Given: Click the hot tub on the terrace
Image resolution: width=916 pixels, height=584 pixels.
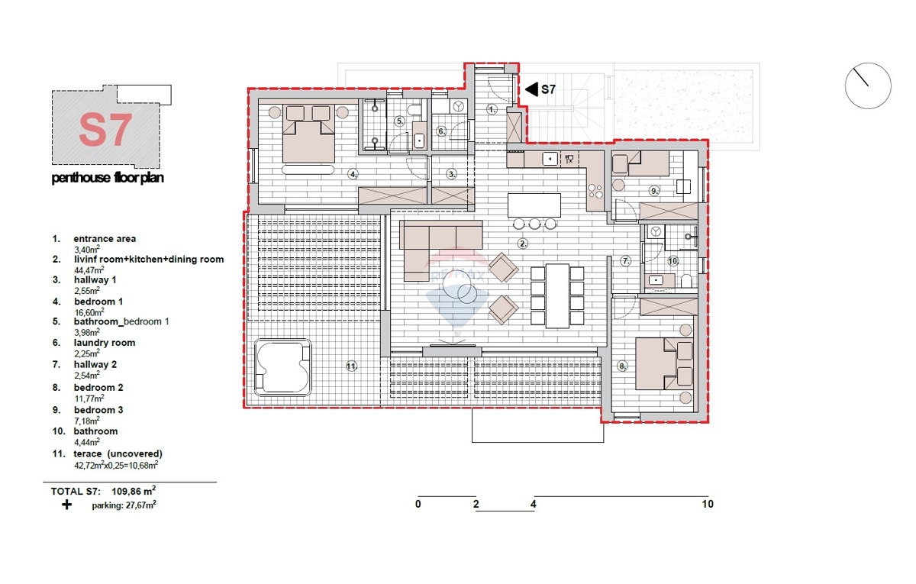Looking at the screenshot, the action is coord(282,367).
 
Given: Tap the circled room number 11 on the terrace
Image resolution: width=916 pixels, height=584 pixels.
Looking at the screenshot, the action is coord(351,366).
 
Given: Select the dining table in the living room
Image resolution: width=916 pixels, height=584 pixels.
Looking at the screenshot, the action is coord(557,295).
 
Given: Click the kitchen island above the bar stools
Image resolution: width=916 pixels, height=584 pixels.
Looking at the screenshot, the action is coord(534,205).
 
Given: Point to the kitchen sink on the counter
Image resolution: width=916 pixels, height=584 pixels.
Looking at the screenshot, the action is coord(550,159).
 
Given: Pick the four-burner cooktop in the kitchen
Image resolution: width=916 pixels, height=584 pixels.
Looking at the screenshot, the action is coord(595,191).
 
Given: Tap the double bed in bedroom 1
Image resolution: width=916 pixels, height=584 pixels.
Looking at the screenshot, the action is coord(308,134).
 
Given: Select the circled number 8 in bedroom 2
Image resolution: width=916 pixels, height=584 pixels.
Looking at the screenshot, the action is coord(622,366).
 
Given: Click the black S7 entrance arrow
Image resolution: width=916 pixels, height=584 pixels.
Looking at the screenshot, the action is coord(531,89).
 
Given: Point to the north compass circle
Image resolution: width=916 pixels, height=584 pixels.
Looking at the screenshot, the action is coord(868,86).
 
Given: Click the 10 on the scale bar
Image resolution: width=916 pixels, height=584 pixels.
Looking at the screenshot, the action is coord(708,505).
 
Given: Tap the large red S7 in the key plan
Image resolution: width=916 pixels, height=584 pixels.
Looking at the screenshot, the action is coord(105,130).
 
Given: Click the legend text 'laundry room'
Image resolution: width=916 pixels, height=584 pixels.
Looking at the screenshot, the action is coord(105,343).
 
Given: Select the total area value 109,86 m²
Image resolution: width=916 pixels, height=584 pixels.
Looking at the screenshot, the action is coord(134,491).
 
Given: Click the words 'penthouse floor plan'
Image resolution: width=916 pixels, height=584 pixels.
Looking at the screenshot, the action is coord(108,178).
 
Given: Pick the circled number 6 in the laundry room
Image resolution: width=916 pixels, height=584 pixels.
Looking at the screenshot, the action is coord(441,131).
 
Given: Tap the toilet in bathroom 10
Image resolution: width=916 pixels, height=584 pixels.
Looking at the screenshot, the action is coord(686,281).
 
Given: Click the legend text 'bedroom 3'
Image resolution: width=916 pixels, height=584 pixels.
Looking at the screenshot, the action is coord(98,410).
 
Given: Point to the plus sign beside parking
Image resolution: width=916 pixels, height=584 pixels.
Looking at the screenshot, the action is coord(66,505).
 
